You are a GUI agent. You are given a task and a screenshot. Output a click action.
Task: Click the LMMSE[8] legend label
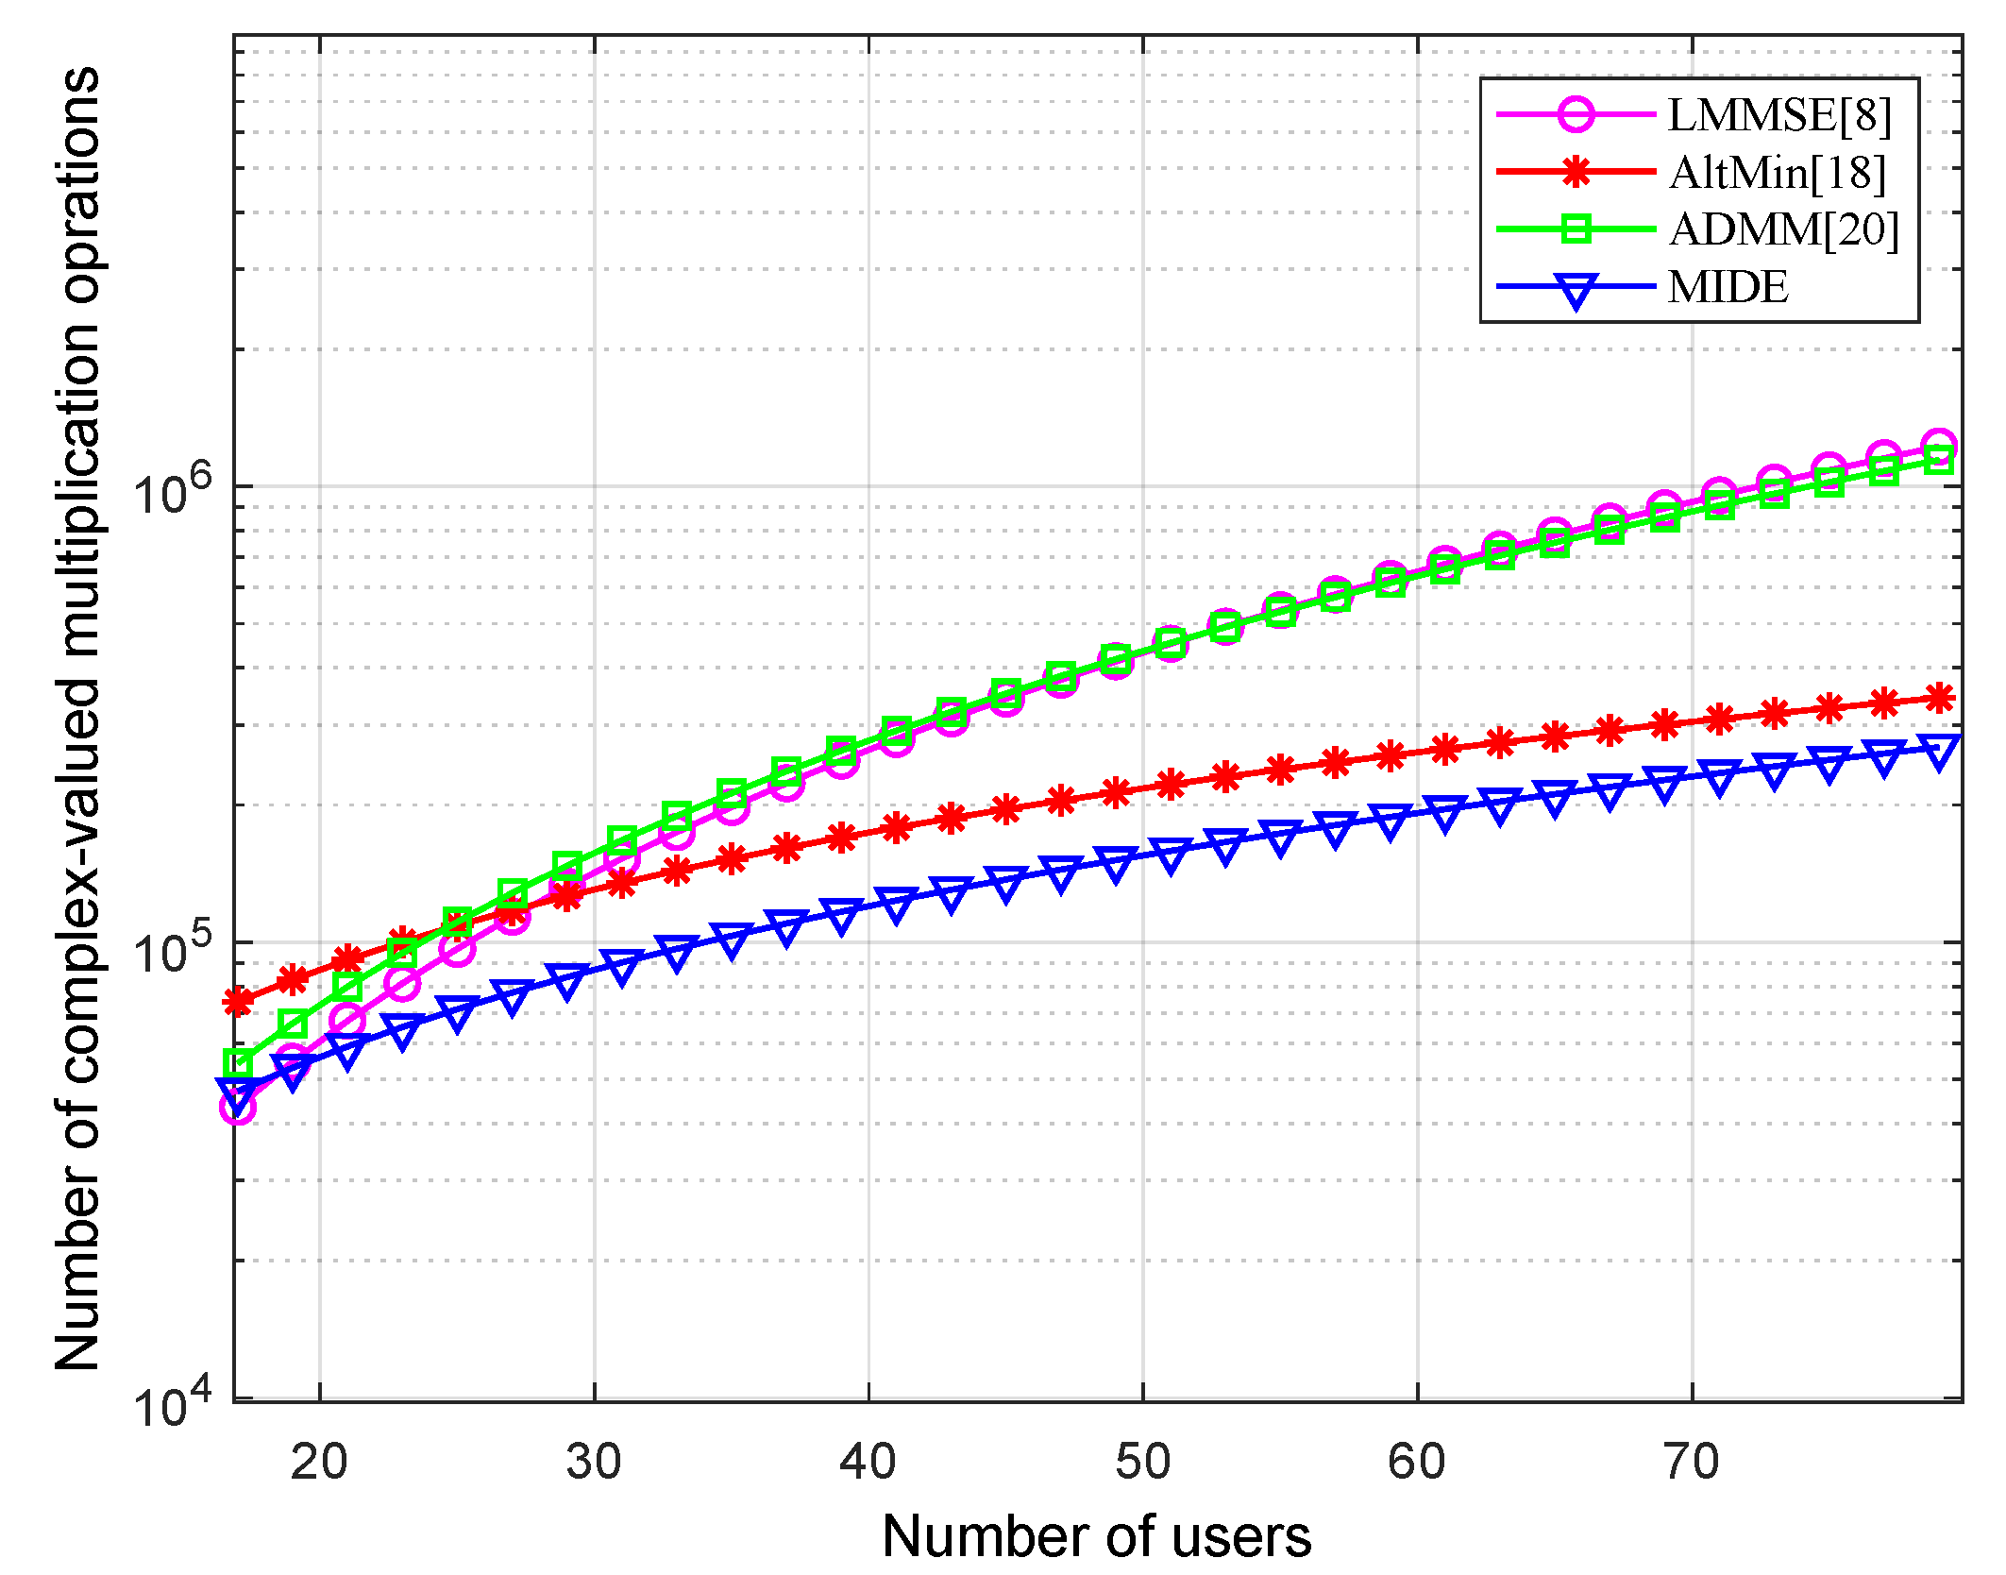(1779, 115)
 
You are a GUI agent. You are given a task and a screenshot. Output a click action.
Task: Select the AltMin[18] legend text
(1777, 173)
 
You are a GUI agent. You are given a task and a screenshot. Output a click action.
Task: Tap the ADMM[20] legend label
(1783, 229)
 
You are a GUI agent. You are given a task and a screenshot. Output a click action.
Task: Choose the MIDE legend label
(1728, 287)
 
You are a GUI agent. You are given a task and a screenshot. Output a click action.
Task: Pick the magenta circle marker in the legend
(1576, 115)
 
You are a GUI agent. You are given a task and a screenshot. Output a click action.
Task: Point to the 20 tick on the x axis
(319, 1462)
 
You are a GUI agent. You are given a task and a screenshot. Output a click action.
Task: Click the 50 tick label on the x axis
(1142, 1462)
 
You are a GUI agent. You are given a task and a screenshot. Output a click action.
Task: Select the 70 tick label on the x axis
(1692, 1462)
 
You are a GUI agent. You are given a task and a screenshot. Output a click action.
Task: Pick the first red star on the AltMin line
(238, 1001)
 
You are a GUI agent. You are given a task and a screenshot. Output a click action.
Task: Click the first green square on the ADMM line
(238, 1063)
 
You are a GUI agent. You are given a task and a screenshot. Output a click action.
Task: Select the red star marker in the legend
(1576, 173)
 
